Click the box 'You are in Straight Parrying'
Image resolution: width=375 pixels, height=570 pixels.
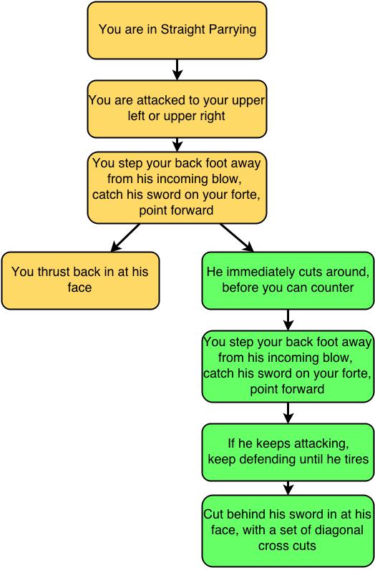click(x=177, y=31)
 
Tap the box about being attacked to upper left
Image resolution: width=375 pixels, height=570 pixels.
click(x=177, y=109)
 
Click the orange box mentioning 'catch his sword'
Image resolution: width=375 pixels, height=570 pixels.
click(x=177, y=187)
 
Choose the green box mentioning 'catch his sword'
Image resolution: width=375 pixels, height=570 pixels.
click(x=288, y=366)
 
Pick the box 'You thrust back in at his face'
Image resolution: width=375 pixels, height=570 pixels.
click(x=80, y=280)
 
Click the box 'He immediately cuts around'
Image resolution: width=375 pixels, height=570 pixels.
click(x=288, y=280)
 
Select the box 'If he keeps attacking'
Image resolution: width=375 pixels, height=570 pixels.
click(x=288, y=452)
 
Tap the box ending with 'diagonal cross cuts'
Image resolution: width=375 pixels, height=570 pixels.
click(x=288, y=531)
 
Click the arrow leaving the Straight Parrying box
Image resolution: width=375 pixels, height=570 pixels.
click(x=177, y=69)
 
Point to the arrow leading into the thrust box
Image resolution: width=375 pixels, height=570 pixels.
click(x=125, y=237)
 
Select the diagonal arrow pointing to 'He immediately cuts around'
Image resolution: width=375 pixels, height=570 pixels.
click(x=237, y=237)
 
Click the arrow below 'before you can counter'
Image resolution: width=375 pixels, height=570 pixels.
click(x=288, y=320)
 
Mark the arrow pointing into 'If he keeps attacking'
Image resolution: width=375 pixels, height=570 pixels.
click(x=288, y=413)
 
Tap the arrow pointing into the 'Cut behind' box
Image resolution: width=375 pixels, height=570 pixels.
click(x=288, y=488)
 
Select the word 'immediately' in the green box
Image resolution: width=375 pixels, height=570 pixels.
click(x=262, y=272)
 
